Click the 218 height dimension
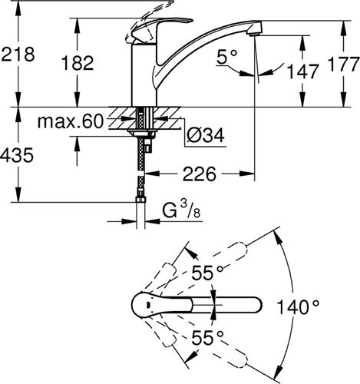[x=18, y=55]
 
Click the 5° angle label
[x=228, y=57]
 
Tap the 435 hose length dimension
[x=18, y=156]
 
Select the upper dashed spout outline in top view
[x=223, y=261]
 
